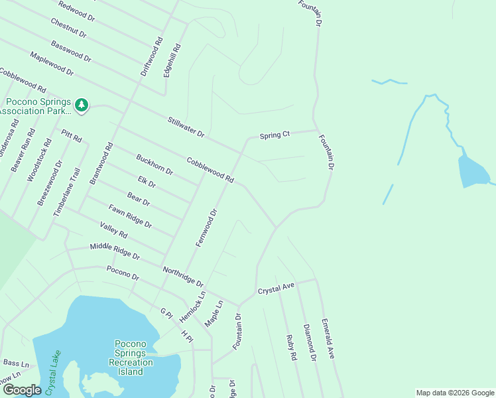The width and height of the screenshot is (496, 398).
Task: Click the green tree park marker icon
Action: tap(82, 105)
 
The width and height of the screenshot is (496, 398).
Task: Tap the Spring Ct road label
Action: tap(275, 135)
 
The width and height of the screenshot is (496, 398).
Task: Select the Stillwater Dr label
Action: tap(186, 126)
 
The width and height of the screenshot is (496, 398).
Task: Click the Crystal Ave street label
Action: tap(276, 290)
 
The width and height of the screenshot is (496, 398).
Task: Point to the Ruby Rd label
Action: tap(291, 347)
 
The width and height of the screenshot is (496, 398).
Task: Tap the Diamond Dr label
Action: tap(309, 343)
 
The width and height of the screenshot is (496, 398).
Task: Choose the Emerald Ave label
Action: tap(328, 339)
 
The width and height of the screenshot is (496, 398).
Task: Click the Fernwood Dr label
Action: tap(207, 228)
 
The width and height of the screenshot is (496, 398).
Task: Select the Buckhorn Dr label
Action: tap(155, 165)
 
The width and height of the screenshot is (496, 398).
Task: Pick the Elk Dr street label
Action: tap(146, 182)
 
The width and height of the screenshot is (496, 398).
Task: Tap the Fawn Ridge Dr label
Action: tap(130, 216)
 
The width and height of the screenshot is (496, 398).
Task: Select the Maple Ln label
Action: tap(214, 313)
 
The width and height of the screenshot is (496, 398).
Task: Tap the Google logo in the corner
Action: tap(22, 390)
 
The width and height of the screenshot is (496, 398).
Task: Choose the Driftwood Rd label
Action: tap(152, 57)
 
